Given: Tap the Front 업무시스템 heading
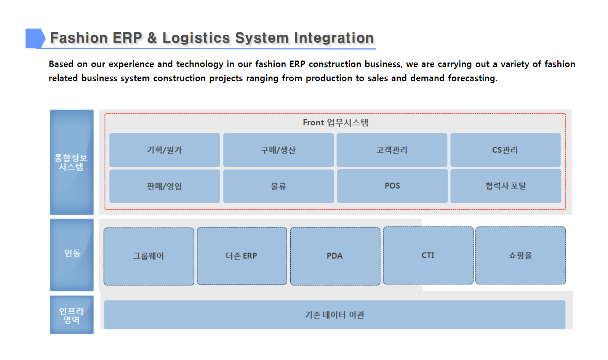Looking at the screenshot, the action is click(336, 122).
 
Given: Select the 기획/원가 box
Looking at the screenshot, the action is click(165, 150).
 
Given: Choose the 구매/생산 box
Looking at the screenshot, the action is click(278, 150).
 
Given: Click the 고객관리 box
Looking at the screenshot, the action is click(392, 150).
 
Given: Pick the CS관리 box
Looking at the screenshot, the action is click(506, 150).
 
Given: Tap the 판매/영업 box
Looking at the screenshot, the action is click(165, 186).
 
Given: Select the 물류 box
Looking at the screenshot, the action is click(278, 186).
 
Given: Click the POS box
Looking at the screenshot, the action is click(392, 186).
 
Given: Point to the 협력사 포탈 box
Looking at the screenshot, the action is click(506, 186).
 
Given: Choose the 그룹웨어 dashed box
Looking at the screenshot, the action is click(149, 256).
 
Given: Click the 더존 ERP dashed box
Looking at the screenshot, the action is click(242, 256).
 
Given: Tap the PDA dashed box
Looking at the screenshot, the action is click(335, 256).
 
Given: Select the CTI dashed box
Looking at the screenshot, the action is click(428, 255).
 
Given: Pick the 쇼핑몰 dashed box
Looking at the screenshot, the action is click(521, 255).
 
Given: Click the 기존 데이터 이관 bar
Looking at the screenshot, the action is click(335, 315).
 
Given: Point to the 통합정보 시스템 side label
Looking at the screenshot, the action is click(72, 162).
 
